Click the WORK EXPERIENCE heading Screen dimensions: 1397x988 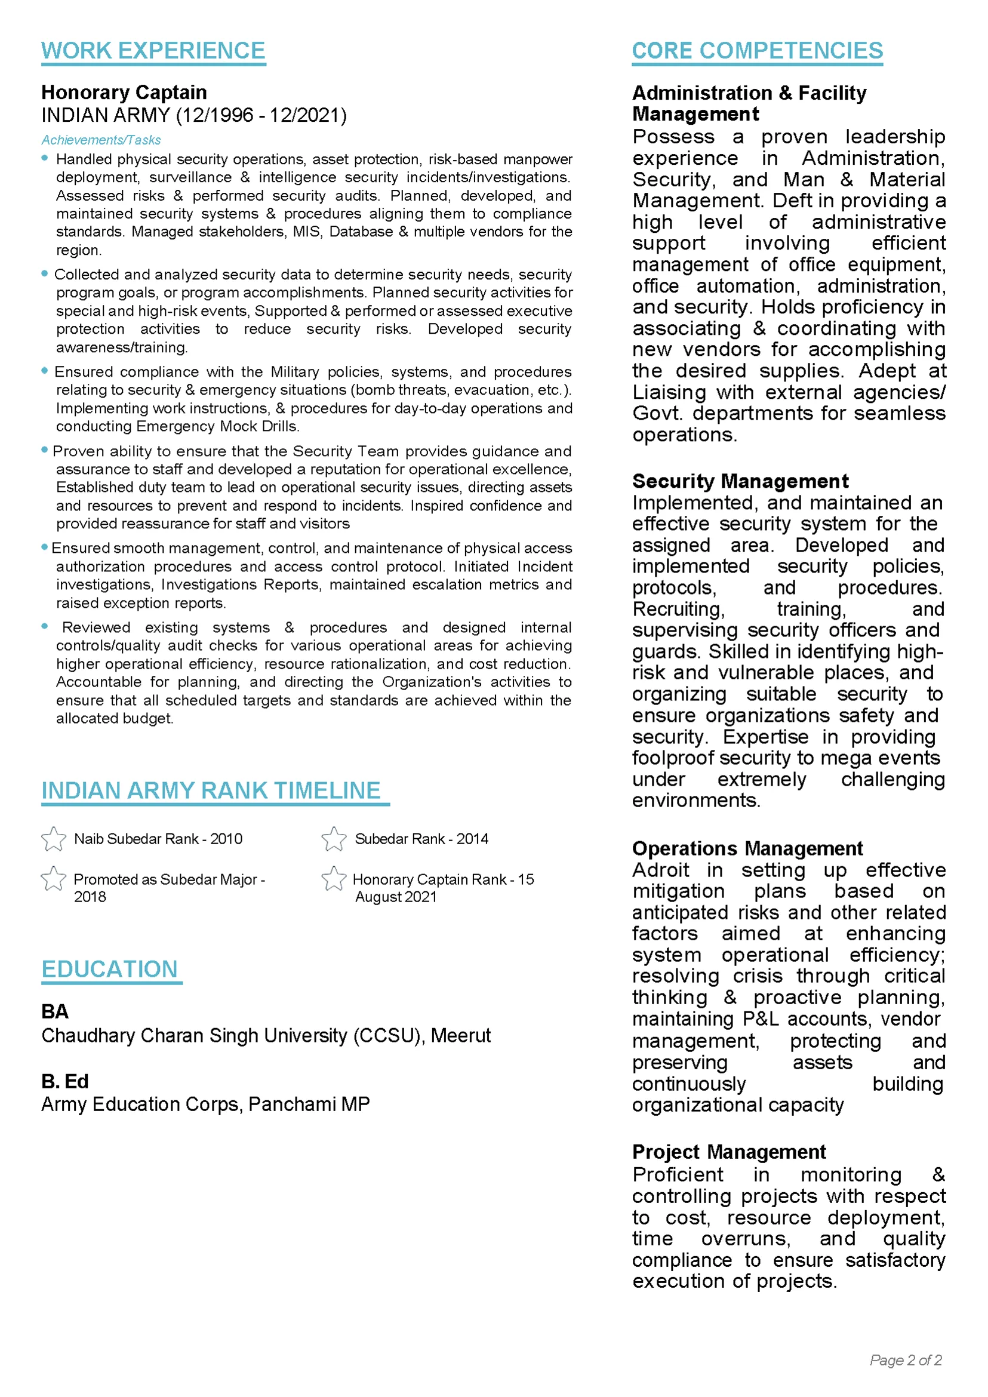point(153,51)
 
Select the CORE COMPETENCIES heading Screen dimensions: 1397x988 point(757,51)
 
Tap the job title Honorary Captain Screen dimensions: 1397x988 point(124,93)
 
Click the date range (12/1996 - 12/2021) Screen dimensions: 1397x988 point(261,115)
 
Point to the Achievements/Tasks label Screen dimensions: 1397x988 point(101,140)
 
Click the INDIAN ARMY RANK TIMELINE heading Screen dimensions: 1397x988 point(211,790)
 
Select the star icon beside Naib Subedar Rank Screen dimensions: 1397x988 point(54,839)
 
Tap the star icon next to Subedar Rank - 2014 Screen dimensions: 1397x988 point(334,839)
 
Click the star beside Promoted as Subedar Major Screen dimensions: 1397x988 point(54,879)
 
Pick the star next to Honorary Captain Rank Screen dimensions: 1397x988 point(334,879)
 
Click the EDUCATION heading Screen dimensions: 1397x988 point(109,970)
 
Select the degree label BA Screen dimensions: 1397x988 point(55,1011)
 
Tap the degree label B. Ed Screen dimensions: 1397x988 point(65,1081)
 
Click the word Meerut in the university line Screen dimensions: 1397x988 point(460,1035)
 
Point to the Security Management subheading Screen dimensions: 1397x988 point(740,481)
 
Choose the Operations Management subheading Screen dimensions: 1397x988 point(747,848)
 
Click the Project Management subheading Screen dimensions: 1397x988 point(729,1152)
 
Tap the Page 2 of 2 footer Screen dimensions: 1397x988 point(905,1360)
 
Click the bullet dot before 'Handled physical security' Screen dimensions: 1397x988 point(44,158)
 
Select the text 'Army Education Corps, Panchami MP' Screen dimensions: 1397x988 point(205,1104)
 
